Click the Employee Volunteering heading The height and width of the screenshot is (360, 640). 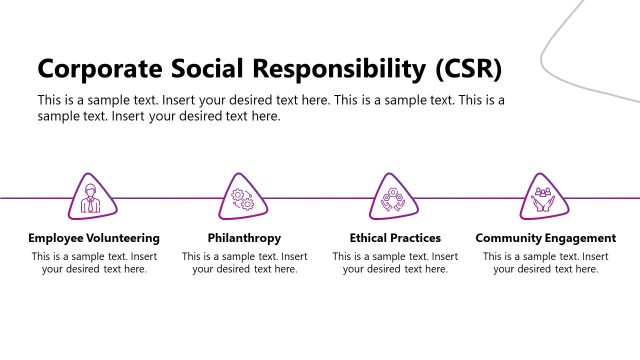(94, 238)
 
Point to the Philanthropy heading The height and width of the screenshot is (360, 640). (244, 238)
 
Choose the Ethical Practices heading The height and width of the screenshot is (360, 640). (395, 238)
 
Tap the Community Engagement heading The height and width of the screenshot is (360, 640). (545, 238)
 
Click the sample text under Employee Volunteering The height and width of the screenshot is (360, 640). (94, 263)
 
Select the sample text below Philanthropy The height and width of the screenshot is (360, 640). (244, 263)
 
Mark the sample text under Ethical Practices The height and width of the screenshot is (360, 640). (395, 263)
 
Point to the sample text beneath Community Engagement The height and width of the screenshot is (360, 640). (545, 263)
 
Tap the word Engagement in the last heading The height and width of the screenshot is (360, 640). (579, 238)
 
